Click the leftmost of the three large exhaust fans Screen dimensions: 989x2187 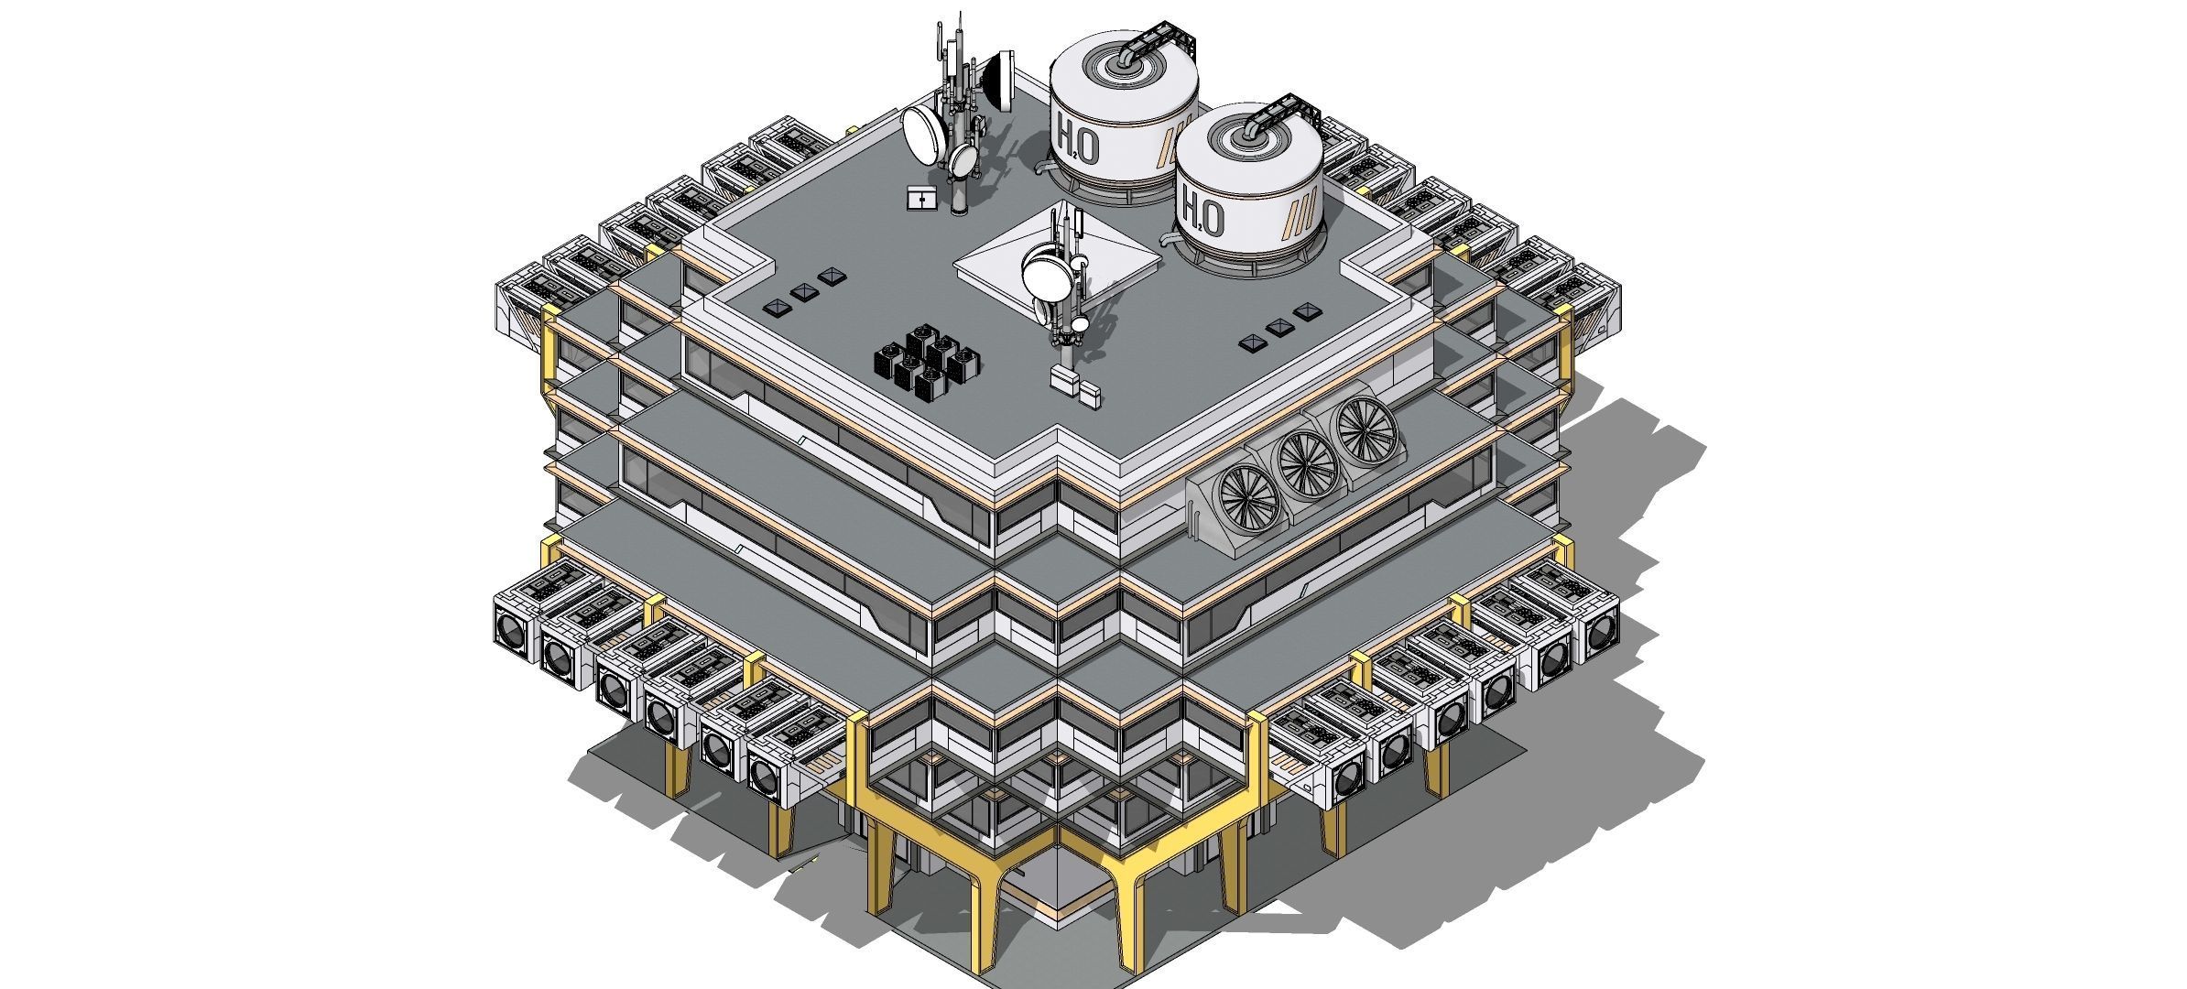pyautogui.click(x=1246, y=497)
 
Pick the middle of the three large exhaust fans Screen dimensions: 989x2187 pyautogui.click(x=1308, y=462)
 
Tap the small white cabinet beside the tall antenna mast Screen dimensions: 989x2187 pyautogui.click(x=920, y=198)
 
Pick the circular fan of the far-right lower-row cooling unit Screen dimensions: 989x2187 pyautogui.click(x=1599, y=631)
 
